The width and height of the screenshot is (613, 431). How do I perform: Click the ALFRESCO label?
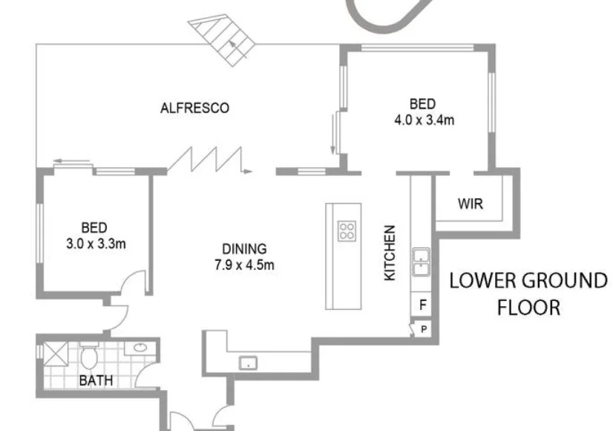194,108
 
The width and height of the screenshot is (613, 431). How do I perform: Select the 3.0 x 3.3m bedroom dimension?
95,242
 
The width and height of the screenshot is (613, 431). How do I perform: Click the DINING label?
244,250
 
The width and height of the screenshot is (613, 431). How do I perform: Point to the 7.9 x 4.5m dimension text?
244,265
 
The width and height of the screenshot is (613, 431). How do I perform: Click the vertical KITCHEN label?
390,253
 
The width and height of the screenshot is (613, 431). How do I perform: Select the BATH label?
96,381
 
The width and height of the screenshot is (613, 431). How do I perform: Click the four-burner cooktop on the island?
347,231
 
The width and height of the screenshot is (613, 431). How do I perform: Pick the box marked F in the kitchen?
422,304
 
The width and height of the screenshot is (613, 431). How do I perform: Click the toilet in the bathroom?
89,357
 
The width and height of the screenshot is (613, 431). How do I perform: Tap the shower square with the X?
53,353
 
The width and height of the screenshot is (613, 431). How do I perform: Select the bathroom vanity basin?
138,348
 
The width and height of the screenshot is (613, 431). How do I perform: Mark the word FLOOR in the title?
528,307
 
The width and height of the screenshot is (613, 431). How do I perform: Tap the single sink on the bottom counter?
249,363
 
